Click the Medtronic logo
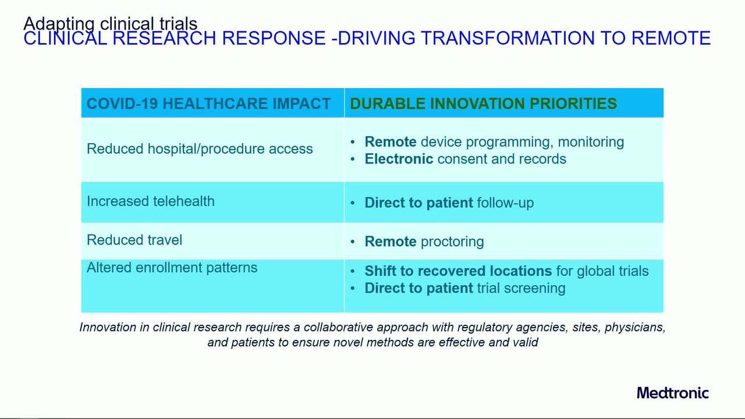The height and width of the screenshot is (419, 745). [x=673, y=393]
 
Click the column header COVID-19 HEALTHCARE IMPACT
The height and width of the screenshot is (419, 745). [x=208, y=104]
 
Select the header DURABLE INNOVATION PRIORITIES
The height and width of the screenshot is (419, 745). [x=483, y=104]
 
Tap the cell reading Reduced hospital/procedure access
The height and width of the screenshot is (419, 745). [x=200, y=149]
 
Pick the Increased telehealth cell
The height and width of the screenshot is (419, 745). [x=151, y=201]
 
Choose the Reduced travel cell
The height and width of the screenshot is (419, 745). [x=134, y=240]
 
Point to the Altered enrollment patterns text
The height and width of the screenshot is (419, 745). [x=172, y=268]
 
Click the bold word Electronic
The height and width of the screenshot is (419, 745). [x=399, y=159]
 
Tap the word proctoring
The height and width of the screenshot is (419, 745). [x=452, y=242]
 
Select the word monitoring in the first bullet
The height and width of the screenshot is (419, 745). [x=591, y=142]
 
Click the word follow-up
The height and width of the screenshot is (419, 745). [x=505, y=203]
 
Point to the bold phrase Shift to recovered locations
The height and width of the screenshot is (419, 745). [x=458, y=271]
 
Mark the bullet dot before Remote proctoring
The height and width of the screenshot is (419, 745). [x=353, y=242]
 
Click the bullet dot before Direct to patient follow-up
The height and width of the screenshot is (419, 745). [x=353, y=203]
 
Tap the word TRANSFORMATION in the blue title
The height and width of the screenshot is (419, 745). [x=506, y=38]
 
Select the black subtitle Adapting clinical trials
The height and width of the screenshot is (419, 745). [x=111, y=23]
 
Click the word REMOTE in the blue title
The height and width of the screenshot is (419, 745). [x=671, y=38]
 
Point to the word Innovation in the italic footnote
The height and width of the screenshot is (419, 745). [x=108, y=327]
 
